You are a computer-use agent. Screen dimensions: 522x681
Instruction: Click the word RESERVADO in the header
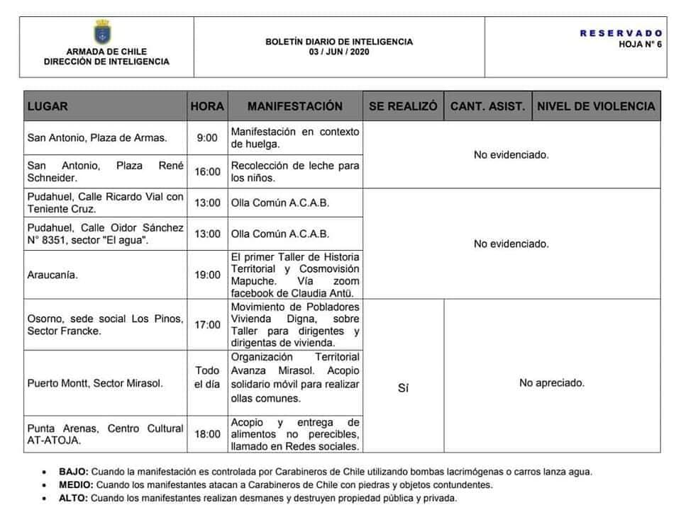point(621,33)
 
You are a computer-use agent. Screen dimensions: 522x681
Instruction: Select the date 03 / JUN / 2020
point(339,52)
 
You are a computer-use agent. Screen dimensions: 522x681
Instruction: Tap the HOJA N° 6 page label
point(640,42)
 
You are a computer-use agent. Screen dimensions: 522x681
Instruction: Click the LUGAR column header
point(48,106)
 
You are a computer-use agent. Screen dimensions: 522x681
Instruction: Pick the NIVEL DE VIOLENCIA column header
point(596,106)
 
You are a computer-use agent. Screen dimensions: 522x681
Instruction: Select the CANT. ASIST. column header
point(488,106)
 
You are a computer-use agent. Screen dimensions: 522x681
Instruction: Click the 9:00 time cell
point(207,137)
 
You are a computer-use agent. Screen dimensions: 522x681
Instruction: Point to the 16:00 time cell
point(207,171)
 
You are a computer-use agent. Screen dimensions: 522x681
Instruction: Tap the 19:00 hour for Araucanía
point(207,275)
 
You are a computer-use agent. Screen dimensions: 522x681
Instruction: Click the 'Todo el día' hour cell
point(207,378)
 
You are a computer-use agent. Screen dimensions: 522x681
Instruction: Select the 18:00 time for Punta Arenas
point(207,433)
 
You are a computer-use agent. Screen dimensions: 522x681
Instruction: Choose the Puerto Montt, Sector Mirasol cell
point(94,383)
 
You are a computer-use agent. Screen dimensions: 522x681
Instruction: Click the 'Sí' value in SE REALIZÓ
point(404,388)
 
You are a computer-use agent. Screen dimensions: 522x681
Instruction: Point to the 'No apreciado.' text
point(552,382)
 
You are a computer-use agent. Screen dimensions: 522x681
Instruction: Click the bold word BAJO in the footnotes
point(73,471)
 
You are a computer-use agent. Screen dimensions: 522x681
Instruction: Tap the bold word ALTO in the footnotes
point(73,498)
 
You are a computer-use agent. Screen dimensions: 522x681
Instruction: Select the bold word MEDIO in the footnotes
point(75,484)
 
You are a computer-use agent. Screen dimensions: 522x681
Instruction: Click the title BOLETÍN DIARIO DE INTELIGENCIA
point(339,42)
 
